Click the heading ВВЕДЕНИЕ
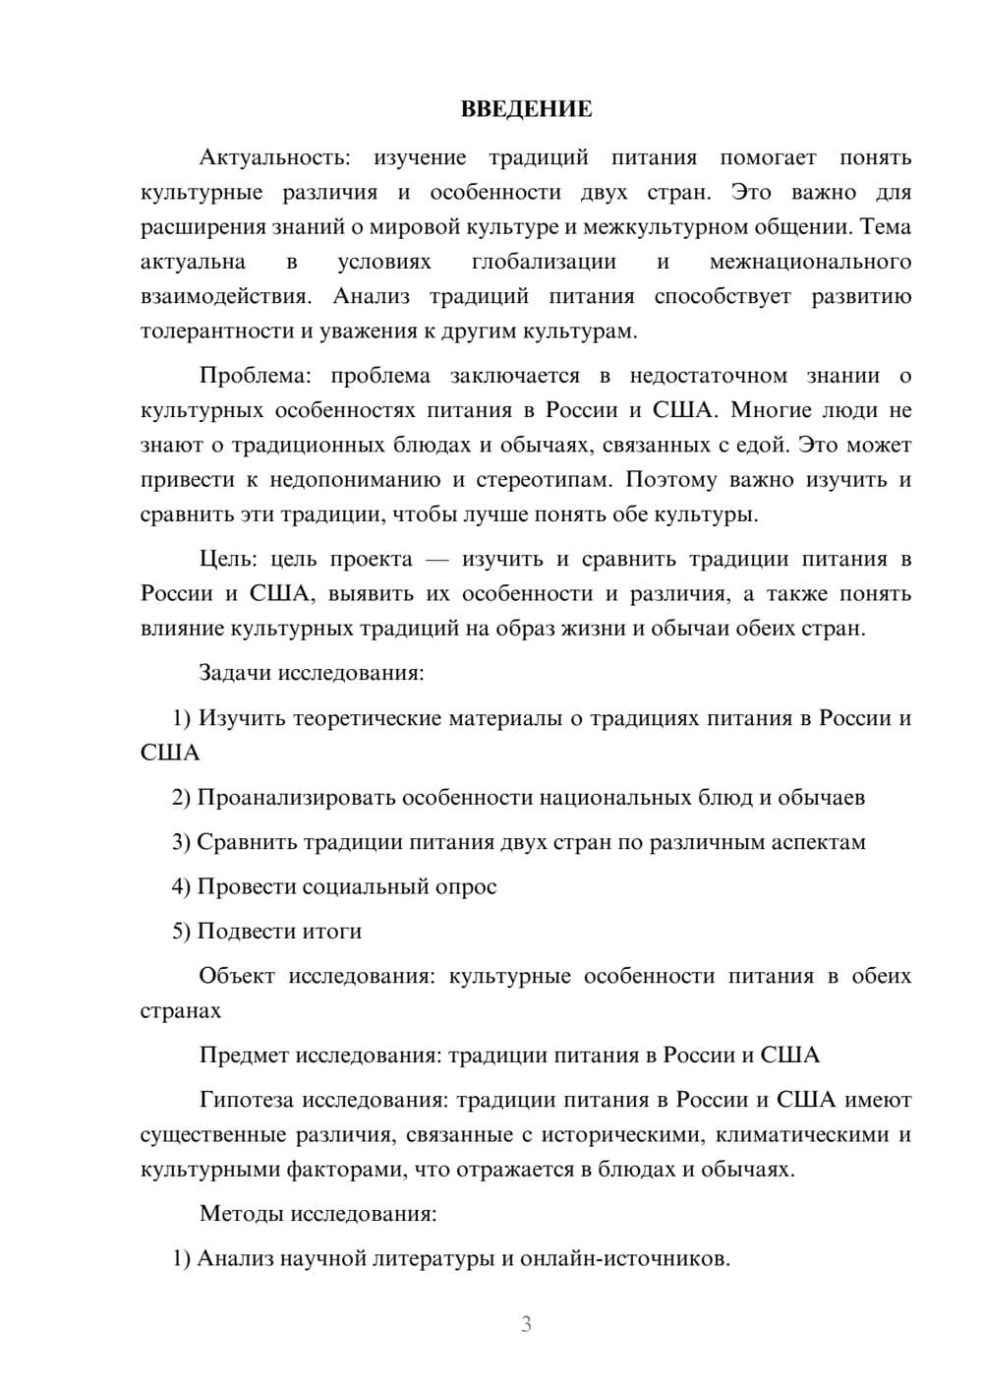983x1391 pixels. (526, 109)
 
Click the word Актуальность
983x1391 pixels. (272, 157)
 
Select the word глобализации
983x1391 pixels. (544, 262)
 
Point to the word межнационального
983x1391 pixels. (810, 262)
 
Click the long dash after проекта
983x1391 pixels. (437, 560)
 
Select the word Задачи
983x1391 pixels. (235, 674)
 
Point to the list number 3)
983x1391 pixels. (181, 842)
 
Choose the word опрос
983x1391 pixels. (467, 887)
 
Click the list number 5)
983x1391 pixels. (181, 932)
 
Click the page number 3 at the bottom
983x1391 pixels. (526, 1324)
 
